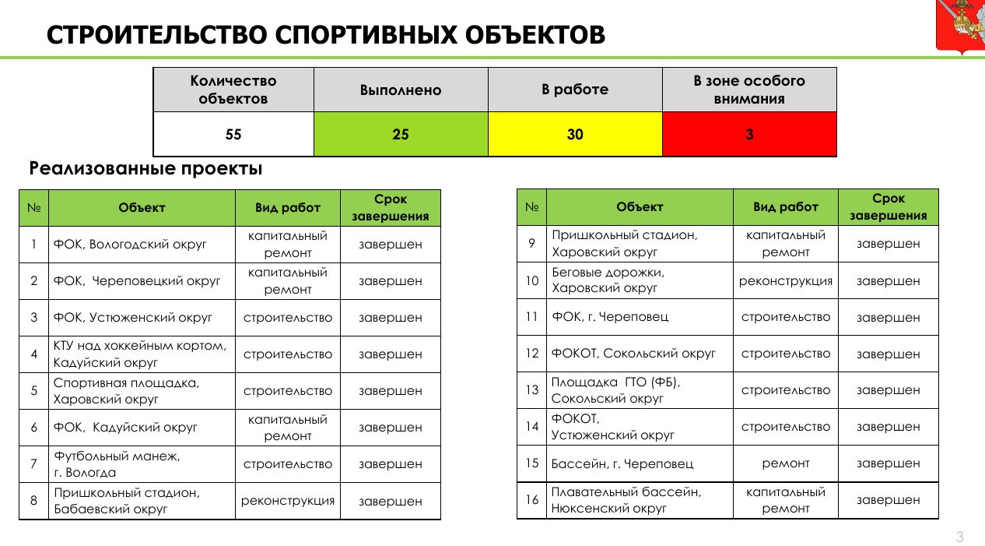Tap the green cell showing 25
(x=401, y=134)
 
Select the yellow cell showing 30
(x=575, y=134)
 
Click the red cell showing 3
(x=749, y=134)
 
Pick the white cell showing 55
(x=233, y=134)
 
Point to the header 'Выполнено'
(x=401, y=90)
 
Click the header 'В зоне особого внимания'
(x=749, y=90)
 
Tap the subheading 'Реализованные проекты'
(x=145, y=168)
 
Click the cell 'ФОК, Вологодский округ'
(x=131, y=245)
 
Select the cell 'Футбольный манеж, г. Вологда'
(x=117, y=464)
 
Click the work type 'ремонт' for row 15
(x=786, y=463)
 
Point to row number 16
(x=532, y=500)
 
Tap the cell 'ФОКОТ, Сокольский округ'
(x=633, y=354)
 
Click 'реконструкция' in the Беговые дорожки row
(x=786, y=281)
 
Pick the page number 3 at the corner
(x=959, y=537)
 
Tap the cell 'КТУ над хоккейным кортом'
(x=141, y=354)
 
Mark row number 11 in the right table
(x=532, y=318)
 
